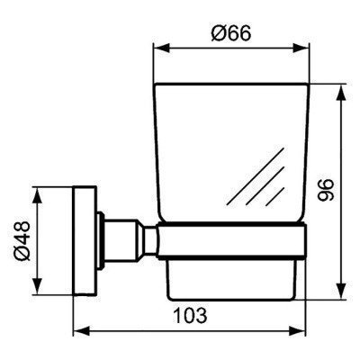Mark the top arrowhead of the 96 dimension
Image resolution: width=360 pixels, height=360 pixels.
(342, 89)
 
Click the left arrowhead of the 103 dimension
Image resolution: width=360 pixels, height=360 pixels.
(76, 333)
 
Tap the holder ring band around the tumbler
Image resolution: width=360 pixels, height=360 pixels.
(232, 240)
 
